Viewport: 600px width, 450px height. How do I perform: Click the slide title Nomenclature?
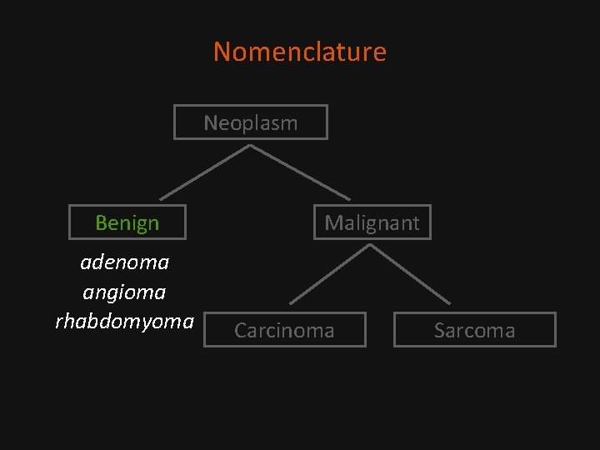[300, 52]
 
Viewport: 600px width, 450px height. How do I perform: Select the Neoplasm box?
[250, 122]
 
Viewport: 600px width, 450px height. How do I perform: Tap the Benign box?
[127, 222]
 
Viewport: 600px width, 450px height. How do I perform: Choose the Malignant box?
[372, 222]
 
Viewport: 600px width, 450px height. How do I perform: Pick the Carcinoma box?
[284, 330]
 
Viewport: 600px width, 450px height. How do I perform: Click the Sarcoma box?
[474, 330]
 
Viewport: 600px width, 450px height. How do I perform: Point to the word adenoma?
[124, 262]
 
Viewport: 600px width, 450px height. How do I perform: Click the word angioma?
[124, 292]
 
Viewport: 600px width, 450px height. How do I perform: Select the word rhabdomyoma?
[124, 321]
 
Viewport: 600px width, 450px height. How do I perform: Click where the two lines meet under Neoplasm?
[250, 147]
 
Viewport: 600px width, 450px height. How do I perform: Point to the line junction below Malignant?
[371, 245]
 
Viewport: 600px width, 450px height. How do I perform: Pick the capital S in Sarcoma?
[439, 330]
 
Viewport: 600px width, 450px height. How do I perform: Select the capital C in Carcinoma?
[241, 330]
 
